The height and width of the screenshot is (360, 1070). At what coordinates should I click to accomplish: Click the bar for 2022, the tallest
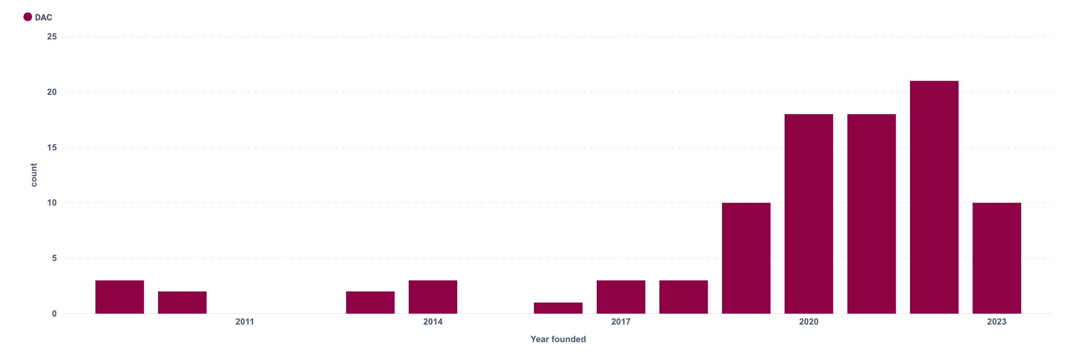coord(934,197)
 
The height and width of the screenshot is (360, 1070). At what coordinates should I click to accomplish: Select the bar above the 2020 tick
coord(808,214)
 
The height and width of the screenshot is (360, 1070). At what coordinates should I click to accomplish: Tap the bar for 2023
coord(997,258)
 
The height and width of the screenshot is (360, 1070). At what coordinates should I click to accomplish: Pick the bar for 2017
coord(620,296)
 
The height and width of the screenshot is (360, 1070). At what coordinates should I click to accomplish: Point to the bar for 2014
coord(432,296)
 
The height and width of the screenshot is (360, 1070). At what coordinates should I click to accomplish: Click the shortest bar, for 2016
coord(558,308)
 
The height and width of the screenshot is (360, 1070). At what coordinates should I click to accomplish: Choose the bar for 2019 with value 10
coord(746,258)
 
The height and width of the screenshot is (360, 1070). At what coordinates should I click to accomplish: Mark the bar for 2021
coord(871,214)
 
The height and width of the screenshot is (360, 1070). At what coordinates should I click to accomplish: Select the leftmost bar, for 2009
coord(120,296)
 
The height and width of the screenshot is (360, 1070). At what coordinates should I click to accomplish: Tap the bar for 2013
coord(370,302)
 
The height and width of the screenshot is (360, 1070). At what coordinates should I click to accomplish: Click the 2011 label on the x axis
coord(245,321)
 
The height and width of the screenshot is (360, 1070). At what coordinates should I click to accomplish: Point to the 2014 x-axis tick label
coord(432,321)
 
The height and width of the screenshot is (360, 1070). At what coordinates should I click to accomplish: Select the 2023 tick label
coord(997,321)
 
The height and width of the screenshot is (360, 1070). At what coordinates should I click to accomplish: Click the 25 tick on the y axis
coord(52,37)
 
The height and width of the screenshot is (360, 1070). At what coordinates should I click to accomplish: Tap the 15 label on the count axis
coord(52,148)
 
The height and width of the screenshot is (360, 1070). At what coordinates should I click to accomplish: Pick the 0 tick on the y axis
coord(54,314)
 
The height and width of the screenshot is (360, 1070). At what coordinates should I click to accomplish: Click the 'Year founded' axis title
coord(558,339)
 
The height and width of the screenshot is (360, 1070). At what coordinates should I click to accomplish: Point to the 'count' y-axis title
coord(34,175)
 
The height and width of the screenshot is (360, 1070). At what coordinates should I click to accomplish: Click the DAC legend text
coord(43,18)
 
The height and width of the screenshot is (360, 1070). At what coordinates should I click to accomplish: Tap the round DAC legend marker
coord(28,17)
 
